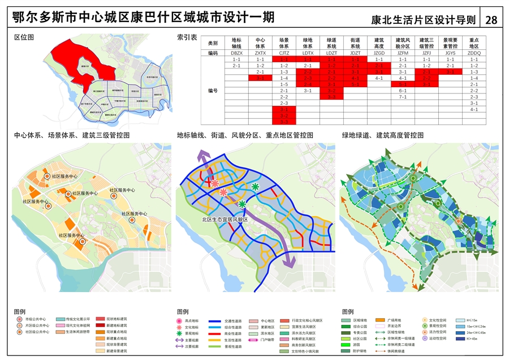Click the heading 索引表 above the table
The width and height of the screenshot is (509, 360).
(x=187, y=37)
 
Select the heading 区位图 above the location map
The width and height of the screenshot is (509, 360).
(x=24, y=37)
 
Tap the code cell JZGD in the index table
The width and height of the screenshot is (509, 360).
(x=379, y=53)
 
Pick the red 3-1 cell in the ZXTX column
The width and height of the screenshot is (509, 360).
(x=260, y=78)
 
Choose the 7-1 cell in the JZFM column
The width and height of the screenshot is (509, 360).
(x=403, y=97)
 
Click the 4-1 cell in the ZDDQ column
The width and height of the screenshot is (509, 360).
(x=474, y=109)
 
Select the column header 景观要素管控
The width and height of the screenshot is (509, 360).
(x=450, y=43)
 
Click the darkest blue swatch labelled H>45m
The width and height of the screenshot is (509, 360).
(x=461, y=339)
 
